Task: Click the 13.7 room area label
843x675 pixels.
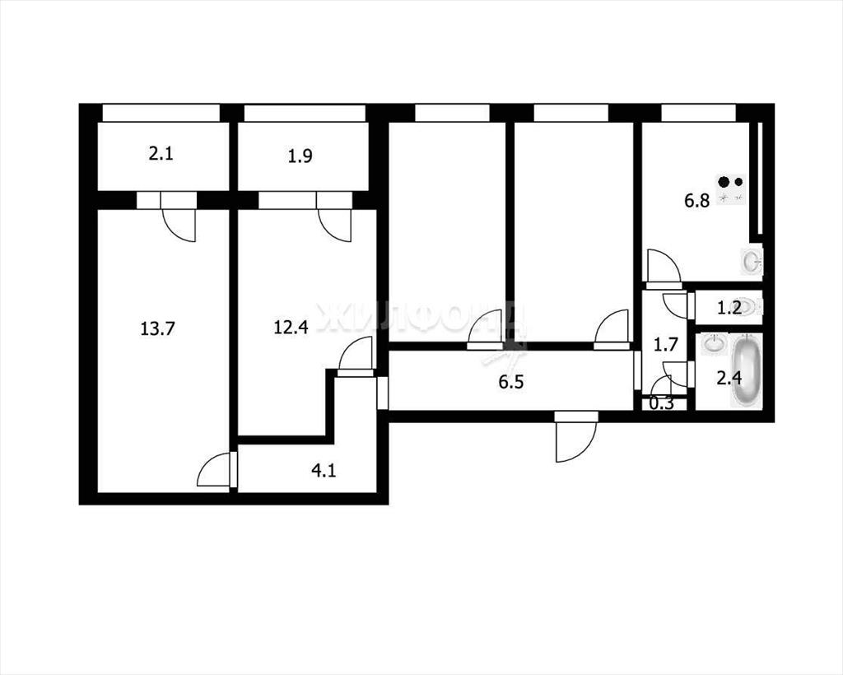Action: coord(157,328)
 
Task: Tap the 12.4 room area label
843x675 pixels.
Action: coord(291,327)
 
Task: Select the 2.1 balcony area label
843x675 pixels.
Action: coord(161,155)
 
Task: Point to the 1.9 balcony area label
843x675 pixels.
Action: coord(300,156)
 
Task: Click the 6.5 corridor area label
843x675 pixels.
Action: coord(510,382)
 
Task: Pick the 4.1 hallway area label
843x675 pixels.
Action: coord(324,471)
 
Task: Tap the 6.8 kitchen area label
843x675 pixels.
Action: coord(696,201)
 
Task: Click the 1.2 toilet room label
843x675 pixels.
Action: coord(729,308)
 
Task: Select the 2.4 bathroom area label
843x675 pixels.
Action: coord(729,379)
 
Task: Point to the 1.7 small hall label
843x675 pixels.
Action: coord(665,344)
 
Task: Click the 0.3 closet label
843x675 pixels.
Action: coord(661,403)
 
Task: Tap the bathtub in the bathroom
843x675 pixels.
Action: coord(746,371)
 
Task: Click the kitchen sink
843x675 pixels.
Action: coord(752,262)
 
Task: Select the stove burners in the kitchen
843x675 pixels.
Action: coord(731,189)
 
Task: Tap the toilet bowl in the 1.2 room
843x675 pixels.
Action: coord(750,307)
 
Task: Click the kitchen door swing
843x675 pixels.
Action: coord(664,267)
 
